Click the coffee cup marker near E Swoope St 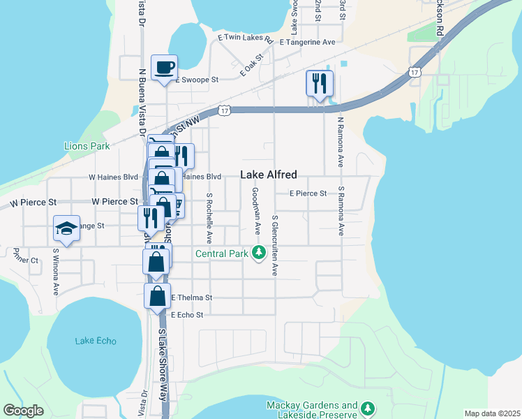coord(164,68)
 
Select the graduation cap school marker coord(66,228)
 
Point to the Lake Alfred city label coord(269,175)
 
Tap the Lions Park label coord(87,147)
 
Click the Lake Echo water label coord(96,341)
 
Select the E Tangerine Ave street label coord(307,43)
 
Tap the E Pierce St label coord(308,193)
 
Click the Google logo coord(24,410)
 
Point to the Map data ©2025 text coord(492,413)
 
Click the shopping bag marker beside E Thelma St coord(158,295)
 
